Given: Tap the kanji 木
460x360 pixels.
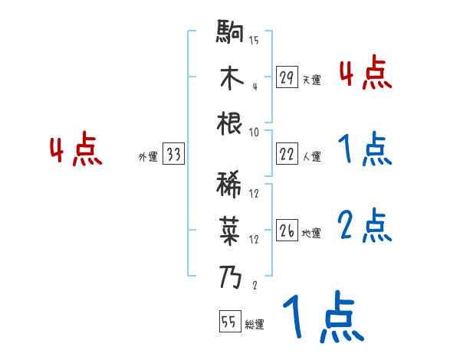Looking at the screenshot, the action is pos(231,79).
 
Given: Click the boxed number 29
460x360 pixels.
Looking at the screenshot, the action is pos(287,77).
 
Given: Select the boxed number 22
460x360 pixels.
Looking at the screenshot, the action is pos(287,154).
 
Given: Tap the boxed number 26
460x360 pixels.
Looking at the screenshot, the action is pos(287,231).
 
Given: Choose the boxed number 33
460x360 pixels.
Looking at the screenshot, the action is pos(173,155).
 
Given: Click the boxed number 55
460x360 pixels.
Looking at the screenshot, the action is pos(228,322).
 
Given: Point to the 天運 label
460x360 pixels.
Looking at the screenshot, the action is pos(311,80).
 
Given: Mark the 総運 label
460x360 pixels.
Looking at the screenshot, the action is pos(255,325).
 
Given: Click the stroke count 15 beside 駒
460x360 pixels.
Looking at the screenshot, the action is pos(254,41).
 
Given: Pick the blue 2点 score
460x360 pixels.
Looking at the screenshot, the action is pos(365,227).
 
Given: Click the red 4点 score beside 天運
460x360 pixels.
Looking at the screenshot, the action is pos(365,74).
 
